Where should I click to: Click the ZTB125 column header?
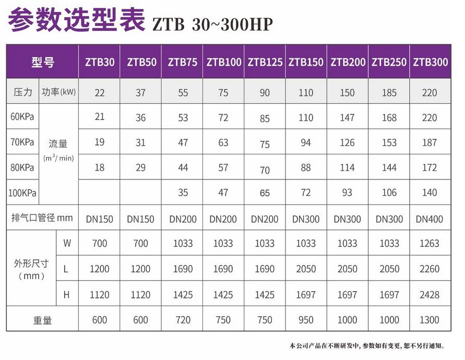tap(265, 62)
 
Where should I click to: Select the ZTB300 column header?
tap(431, 62)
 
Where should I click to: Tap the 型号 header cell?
tap(42, 62)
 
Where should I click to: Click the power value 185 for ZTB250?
tap(389, 93)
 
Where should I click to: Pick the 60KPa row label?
tap(22, 116)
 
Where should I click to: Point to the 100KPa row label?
tap(22, 193)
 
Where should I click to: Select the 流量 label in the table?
tap(58, 143)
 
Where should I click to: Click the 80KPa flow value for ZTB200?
tap(348, 168)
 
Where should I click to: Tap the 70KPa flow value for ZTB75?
tap(182, 142)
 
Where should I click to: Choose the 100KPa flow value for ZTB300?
tap(431, 193)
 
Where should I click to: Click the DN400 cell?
tap(431, 219)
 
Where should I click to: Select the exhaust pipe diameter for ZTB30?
tap(99, 219)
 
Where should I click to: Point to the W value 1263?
tap(431, 243)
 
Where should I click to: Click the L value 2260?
tap(431, 269)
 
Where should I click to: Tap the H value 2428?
tap(431, 295)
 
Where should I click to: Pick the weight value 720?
tap(182, 320)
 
